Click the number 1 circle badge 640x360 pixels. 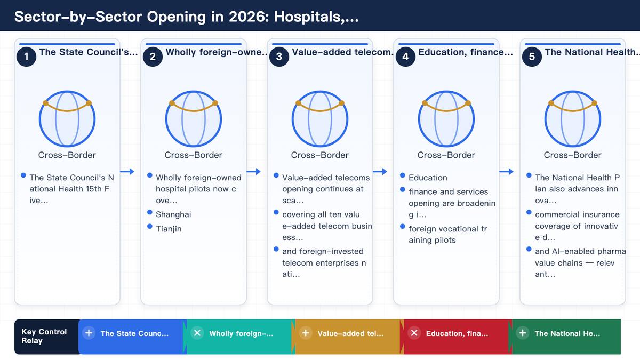[x=26, y=57]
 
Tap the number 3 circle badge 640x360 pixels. [x=279, y=57]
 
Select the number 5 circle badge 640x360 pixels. [x=532, y=57]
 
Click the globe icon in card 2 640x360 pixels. [x=194, y=118]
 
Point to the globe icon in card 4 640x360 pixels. [x=446, y=118]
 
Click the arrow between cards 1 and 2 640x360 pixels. [x=127, y=171]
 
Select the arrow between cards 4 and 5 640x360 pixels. [x=506, y=171]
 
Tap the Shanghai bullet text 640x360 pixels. [x=173, y=214]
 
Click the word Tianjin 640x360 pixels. [x=169, y=229]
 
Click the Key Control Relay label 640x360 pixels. [x=44, y=337]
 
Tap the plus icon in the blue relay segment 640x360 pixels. [x=89, y=333]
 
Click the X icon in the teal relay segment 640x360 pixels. [x=197, y=333]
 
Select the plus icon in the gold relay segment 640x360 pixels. [x=306, y=333]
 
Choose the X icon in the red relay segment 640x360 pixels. [x=414, y=333]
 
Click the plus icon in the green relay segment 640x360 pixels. [x=523, y=333]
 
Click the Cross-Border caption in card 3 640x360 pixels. [x=319, y=155]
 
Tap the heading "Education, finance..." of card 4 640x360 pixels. [x=466, y=52]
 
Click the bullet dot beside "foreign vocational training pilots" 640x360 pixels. [x=403, y=226]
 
